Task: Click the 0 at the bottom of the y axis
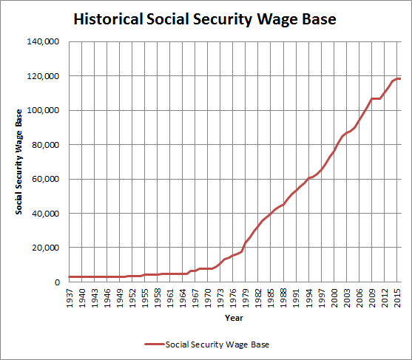pos(56,282)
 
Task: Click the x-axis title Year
pos(233,319)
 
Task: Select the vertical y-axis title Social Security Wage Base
pos(20,162)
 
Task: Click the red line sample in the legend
pos(154,344)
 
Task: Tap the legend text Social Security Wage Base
pos(218,344)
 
